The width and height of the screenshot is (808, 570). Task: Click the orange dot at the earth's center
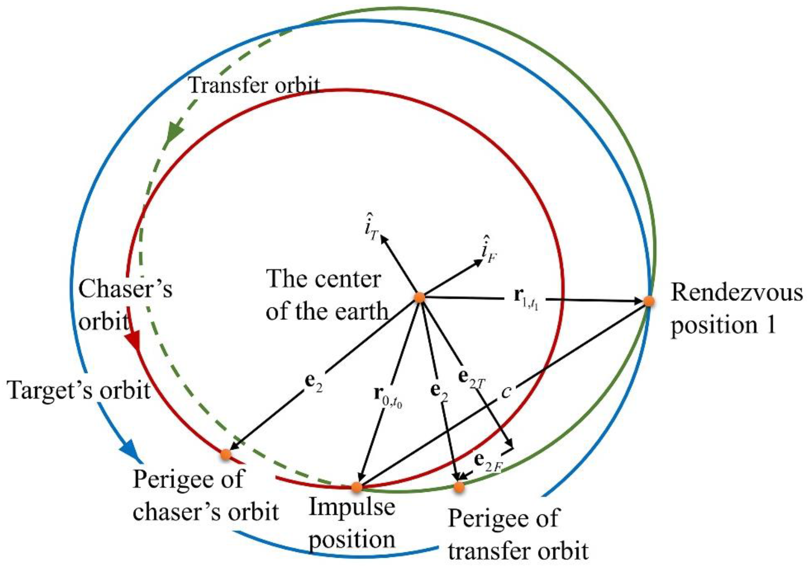(419, 297)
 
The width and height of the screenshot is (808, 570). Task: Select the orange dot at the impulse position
(357, 487)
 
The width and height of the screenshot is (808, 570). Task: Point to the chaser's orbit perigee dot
(226, 454)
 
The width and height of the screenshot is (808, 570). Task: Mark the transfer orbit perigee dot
(459, 487)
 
